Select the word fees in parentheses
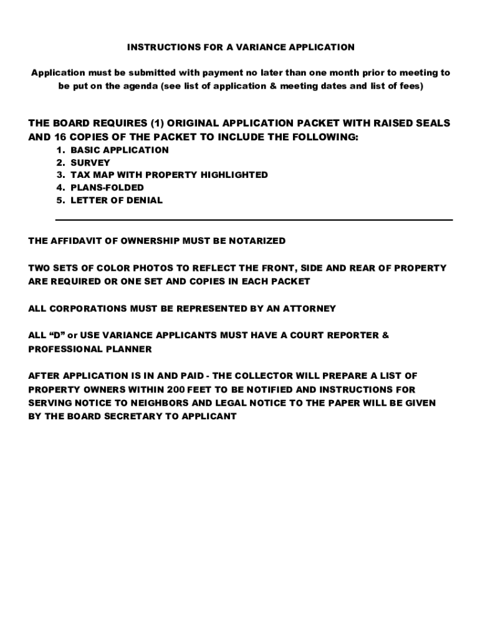[x=409, y=86]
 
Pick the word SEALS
[x=433, y=124]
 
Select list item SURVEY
[x=90, y=162]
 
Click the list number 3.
[x=59, y=175]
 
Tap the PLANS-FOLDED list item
[x=107, y=187]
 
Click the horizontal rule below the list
[x=254, y=220]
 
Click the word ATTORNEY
[x=309, y=308]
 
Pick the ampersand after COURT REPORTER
[x=385, y=335]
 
